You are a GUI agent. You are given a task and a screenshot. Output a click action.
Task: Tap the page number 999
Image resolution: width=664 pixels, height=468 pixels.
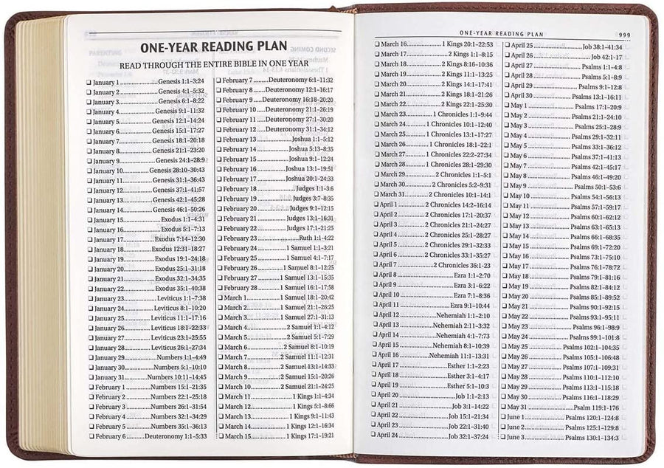pos(623,34)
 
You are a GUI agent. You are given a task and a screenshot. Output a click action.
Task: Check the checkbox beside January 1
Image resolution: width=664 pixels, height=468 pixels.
pos(89,82)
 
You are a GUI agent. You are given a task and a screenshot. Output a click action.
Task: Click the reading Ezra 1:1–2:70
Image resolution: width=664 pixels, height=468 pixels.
pos(472,275)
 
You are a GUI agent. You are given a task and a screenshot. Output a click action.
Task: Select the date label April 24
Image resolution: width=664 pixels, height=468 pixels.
pos(391,436)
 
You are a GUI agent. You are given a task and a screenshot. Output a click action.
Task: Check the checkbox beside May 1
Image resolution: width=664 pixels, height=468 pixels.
pos(505,106)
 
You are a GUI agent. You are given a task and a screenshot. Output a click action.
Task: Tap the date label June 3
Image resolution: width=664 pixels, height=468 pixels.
pos(517,437)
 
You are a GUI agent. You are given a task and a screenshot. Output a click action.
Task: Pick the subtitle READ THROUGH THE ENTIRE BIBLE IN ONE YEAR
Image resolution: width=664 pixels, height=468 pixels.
pos(214,63)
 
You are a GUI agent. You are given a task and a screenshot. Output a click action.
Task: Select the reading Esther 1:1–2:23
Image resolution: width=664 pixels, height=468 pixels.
pos(469,365)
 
